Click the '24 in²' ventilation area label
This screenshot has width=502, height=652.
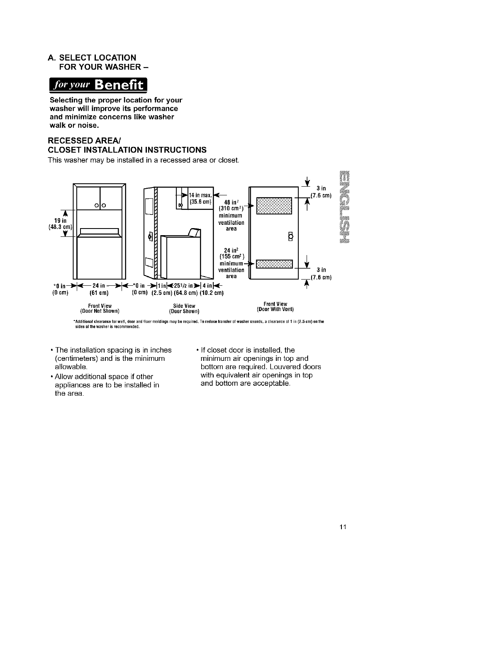(230, 250)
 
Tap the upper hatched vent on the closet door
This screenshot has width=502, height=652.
(274, 206)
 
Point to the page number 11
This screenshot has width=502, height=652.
(342, 527)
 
